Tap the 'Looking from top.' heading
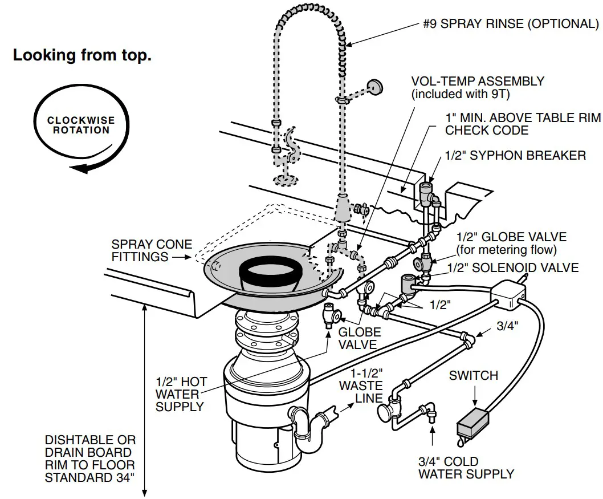(x=82, y=56)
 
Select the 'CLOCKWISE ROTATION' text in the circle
(x=81, y=125)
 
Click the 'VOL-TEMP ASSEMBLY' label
(x=478, y=82)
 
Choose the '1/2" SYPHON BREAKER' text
(x=515, y=155)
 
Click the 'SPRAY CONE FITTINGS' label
(x=151, y=250)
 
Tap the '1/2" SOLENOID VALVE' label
(x=513, y=267)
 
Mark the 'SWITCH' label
(x=473, y=375)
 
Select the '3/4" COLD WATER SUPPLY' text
(x=466, y=467)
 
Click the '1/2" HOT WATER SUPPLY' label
(x=181, y=394)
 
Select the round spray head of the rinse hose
(x=374, y=87)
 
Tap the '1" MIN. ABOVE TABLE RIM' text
(x=523, y=117)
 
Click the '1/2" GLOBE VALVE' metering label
(x=511, y=237)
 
